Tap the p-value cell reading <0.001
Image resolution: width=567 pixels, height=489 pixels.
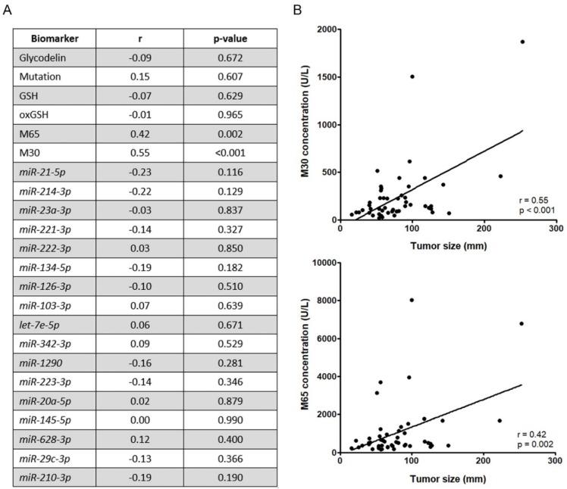coord(234,151)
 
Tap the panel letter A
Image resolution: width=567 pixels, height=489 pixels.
coord(6,8)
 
